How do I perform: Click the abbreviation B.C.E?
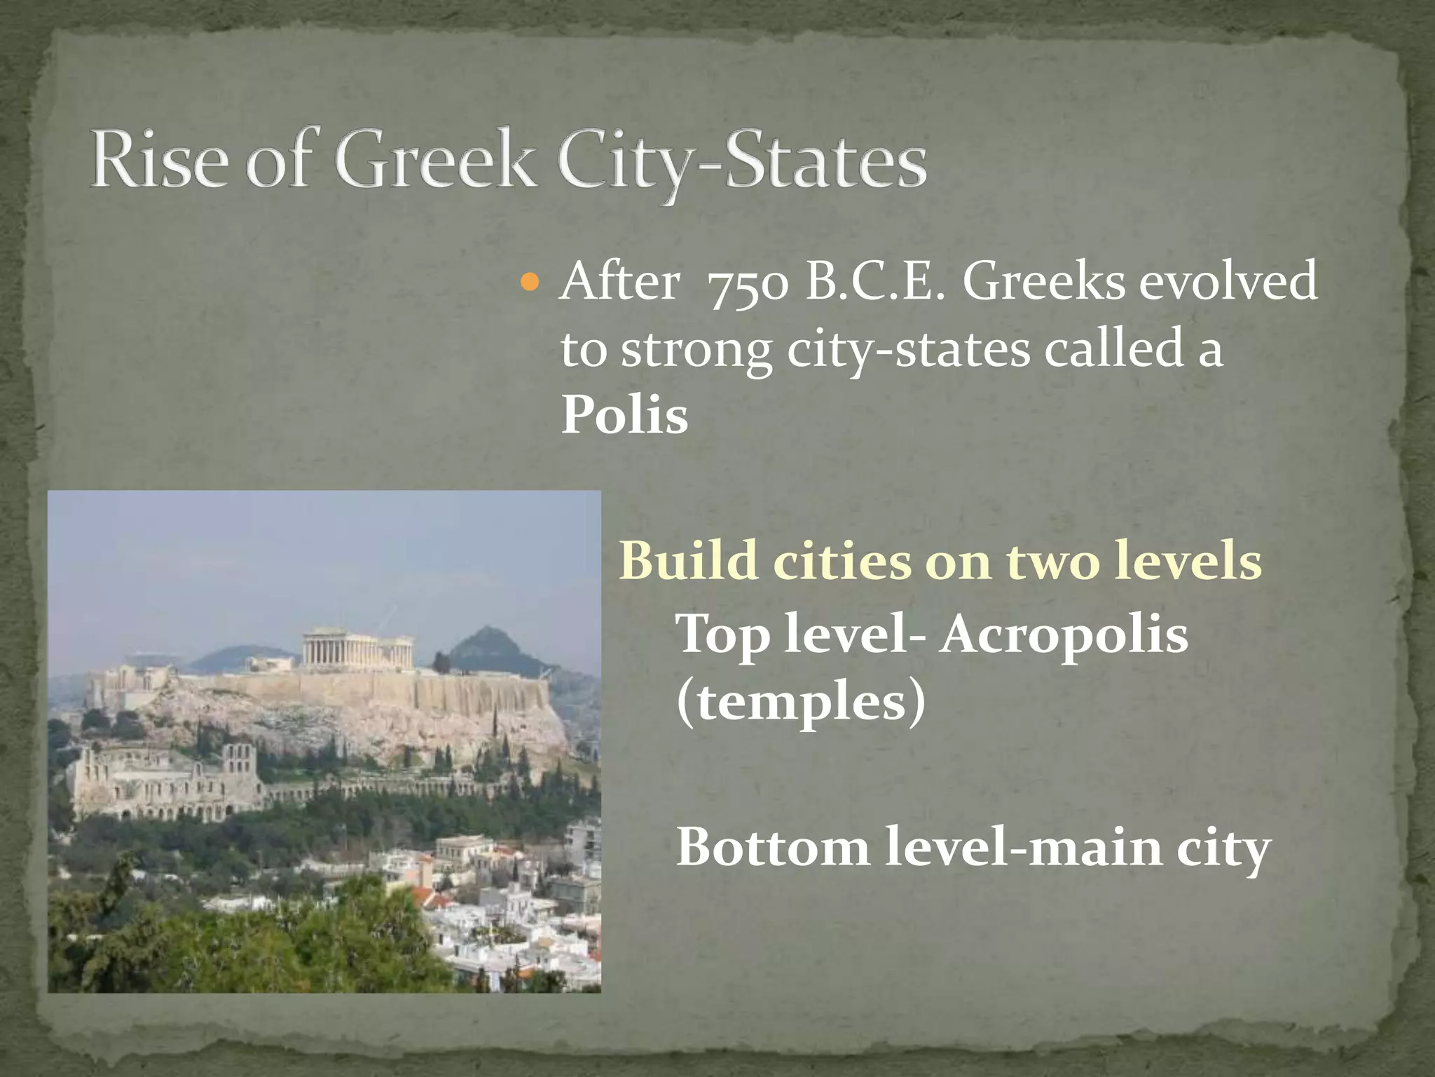point(869,283)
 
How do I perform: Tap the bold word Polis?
point(624,416)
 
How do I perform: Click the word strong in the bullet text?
point(701,351)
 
